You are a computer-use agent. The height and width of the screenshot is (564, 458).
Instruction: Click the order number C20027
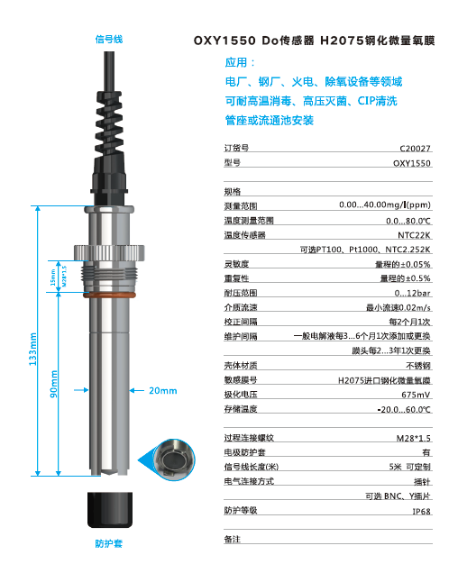point(415,148)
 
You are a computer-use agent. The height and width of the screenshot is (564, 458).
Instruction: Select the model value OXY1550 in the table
point(412,164)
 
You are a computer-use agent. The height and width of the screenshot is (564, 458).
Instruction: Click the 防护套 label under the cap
point(108,543)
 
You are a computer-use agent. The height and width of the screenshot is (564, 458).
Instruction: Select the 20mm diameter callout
point(162,390)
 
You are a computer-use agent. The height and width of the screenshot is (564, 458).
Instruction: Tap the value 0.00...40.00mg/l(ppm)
point(385,206)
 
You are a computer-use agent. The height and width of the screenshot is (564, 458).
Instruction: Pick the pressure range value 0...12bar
point(413,293)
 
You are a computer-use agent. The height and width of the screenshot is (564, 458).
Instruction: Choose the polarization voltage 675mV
point(416,394)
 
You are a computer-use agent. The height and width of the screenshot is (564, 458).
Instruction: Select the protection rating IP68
point(421,510)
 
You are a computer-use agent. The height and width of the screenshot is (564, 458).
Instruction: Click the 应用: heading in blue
point(240,64)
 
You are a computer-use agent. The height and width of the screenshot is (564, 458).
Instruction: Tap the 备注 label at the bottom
point(233,539)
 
